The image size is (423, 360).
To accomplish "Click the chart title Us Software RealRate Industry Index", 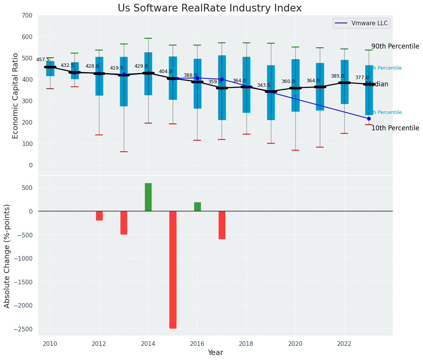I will pos(209,8).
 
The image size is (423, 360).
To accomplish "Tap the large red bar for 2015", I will pos(173,269).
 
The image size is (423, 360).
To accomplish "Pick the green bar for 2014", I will pos(148,197).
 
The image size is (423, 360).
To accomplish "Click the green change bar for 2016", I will pos(197,207).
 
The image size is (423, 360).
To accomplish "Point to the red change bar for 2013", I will pos(124,223).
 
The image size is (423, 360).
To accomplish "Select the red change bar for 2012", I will pos(99,216).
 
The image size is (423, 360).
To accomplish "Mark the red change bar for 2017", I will pos(222,225).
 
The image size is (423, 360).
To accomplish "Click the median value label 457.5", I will pos(43,60).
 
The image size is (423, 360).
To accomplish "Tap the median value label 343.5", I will pos(264,85).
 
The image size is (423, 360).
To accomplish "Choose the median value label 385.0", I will pos(337,76).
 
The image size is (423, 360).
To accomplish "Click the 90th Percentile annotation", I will pos(395,46).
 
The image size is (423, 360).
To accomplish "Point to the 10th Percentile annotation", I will pos(395,128).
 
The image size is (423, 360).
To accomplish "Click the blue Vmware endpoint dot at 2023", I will pos(369,118).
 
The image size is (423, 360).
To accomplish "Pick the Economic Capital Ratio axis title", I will pos(15,96).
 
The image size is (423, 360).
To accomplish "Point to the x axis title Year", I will pos(215,353).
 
